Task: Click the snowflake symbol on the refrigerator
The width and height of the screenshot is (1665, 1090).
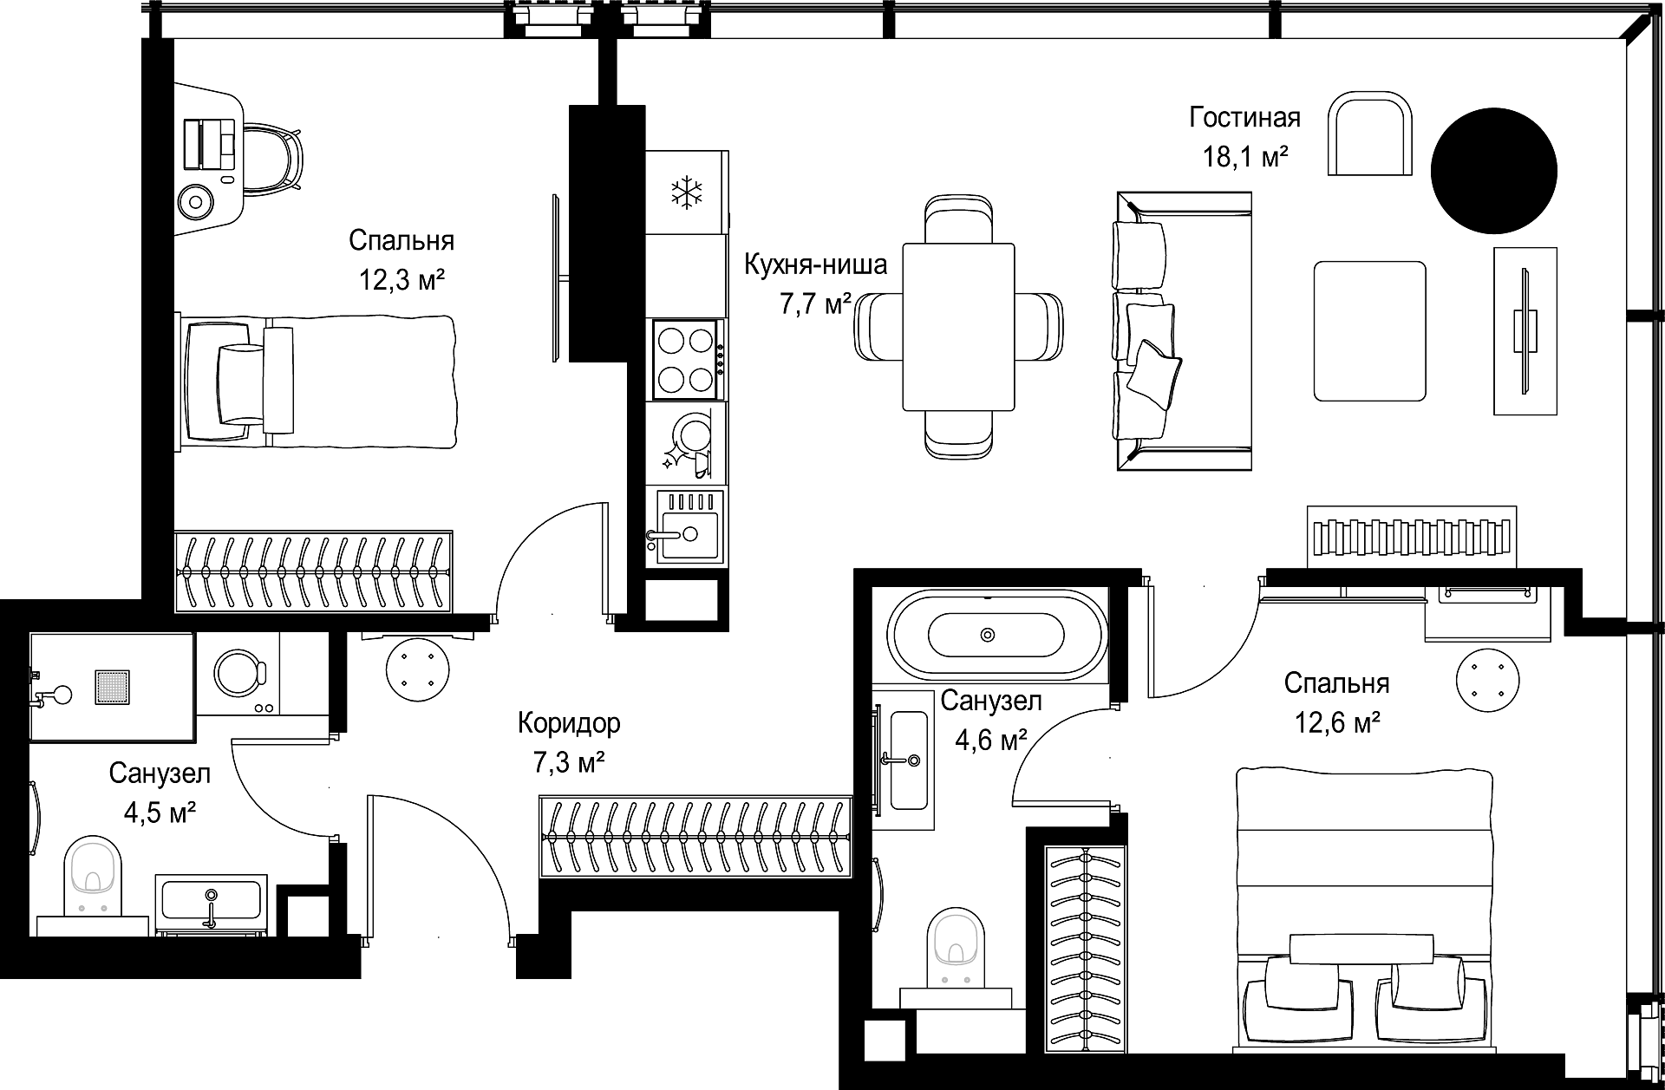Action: pos(687,192)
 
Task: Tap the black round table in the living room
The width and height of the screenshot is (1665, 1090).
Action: pos(1493,171)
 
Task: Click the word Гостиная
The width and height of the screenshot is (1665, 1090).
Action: pos(1244,117)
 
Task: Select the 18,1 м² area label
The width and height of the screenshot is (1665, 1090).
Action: pos(1244,158)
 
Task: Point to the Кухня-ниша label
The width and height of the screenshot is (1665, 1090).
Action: pos(816,264)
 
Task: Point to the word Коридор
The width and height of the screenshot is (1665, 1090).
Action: pos(569,722)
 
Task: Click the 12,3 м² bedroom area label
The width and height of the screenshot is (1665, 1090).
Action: pos(402,279)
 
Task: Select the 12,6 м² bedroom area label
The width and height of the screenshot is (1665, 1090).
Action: pos(1337,722)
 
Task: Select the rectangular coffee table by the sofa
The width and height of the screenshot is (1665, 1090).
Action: pos(1370,330)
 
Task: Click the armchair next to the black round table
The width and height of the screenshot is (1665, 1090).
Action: pos(1370,134)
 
